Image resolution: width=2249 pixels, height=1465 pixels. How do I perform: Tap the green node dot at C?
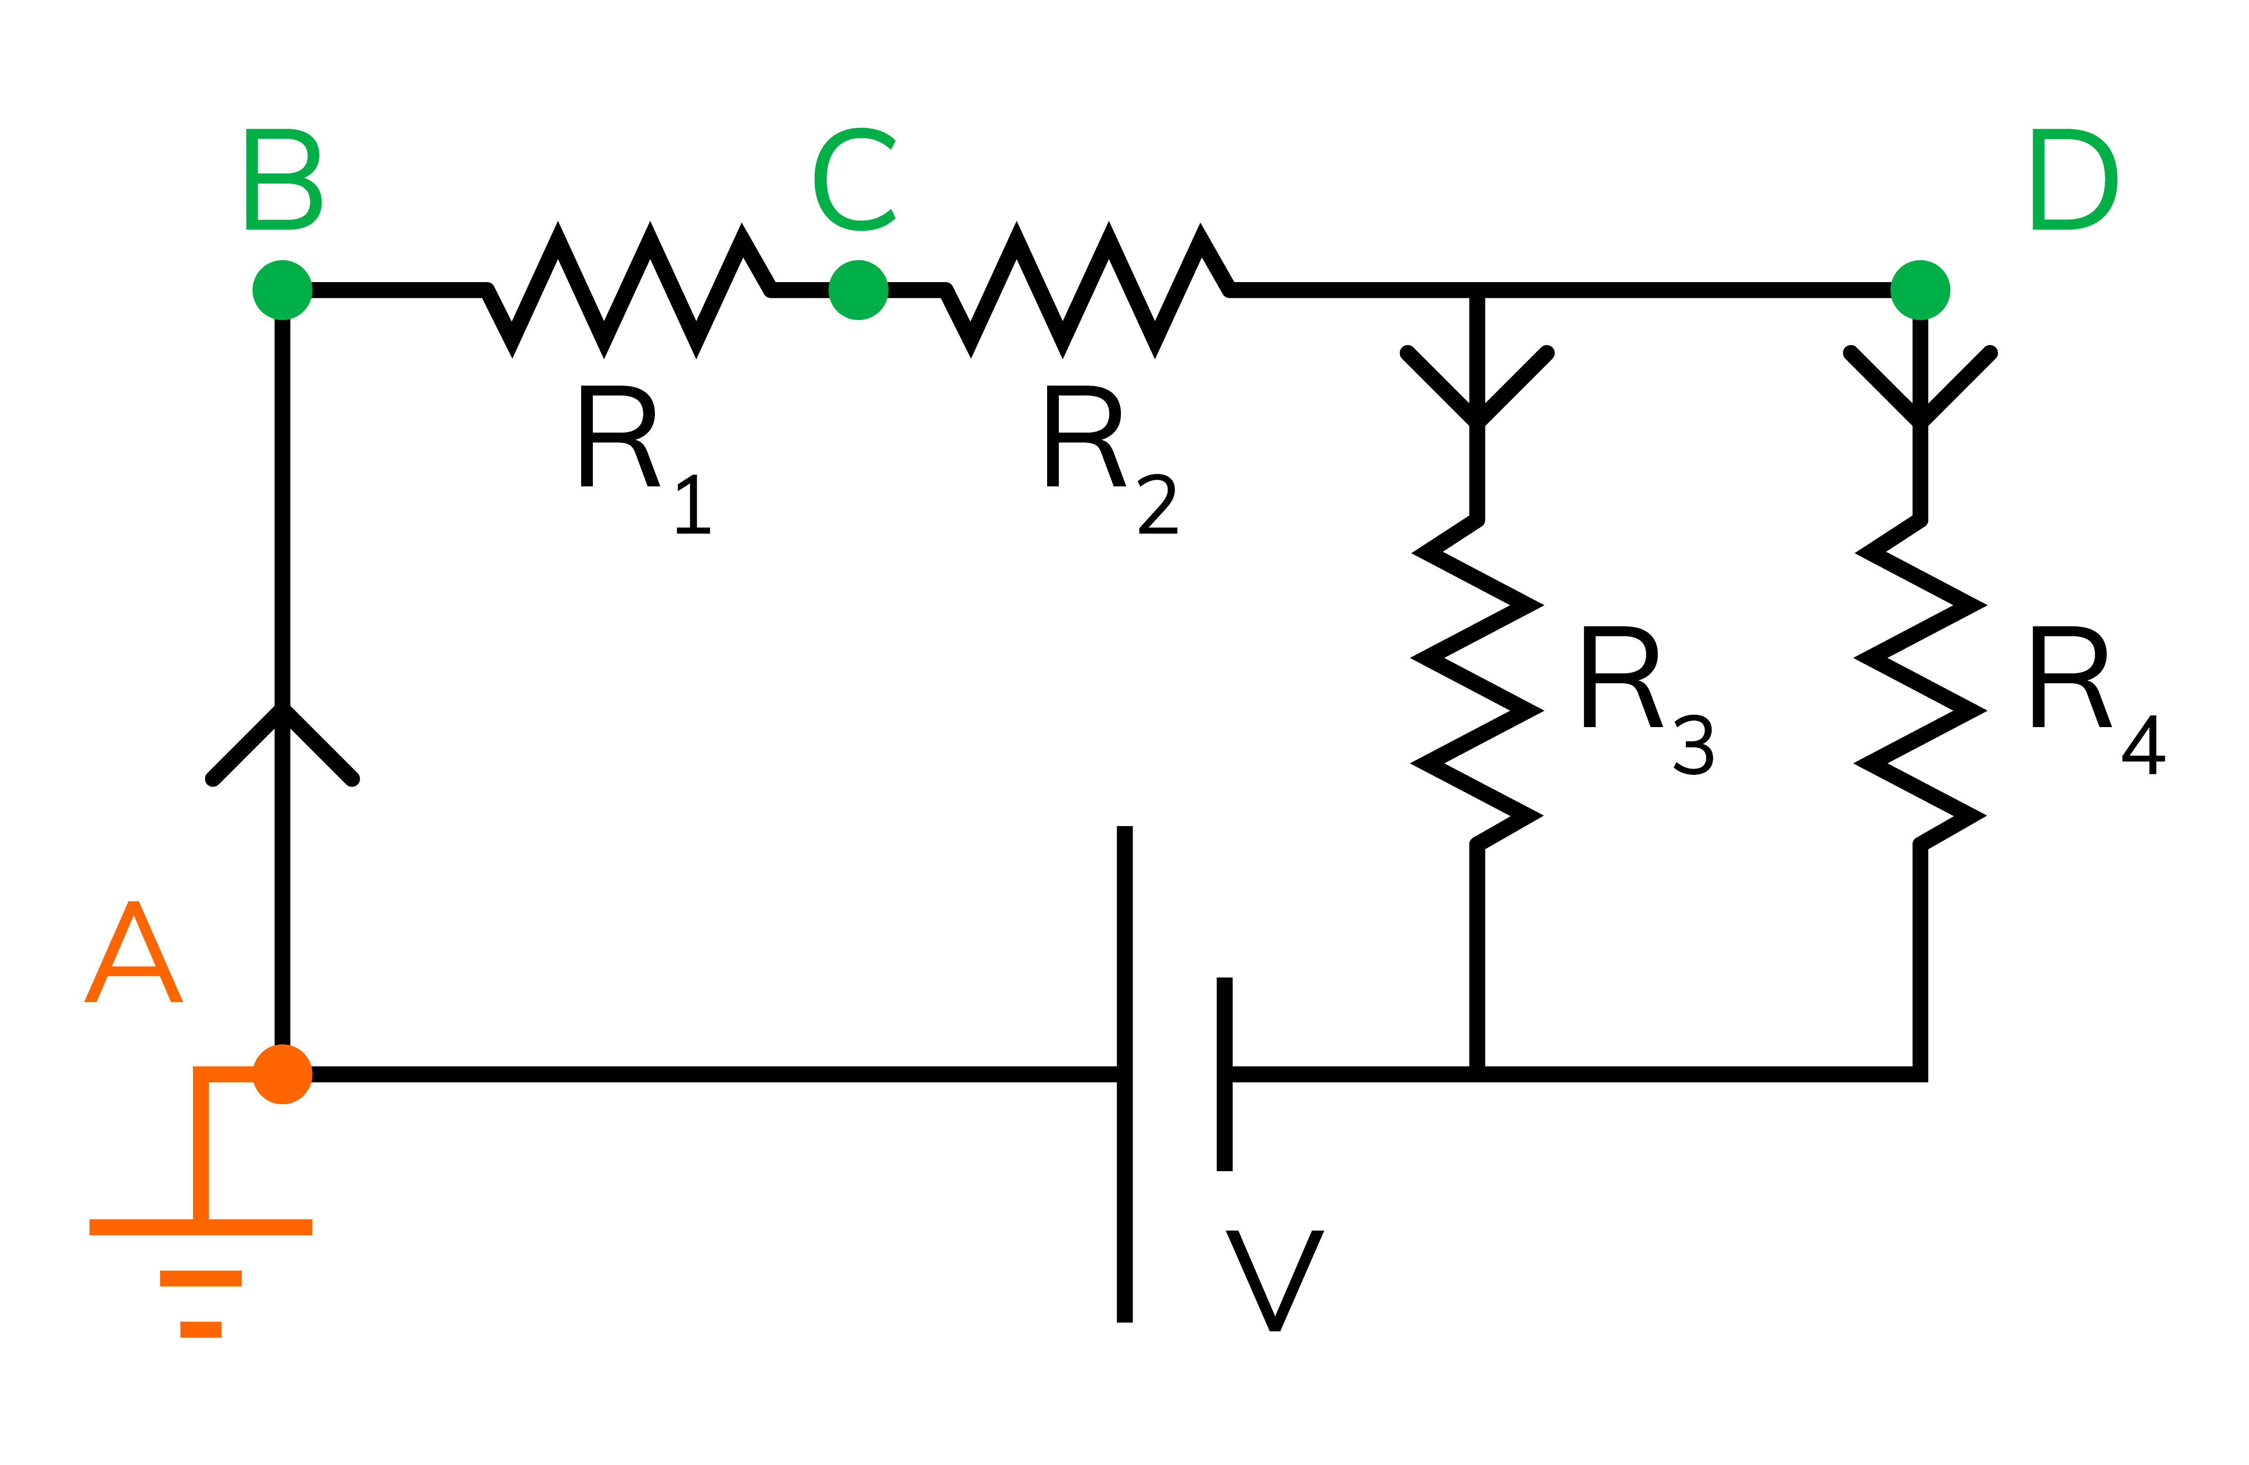tap(858, 290)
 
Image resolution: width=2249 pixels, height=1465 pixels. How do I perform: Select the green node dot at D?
tap(1920, 290)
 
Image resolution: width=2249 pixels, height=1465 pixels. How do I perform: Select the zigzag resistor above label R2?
tap(1087, 290)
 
